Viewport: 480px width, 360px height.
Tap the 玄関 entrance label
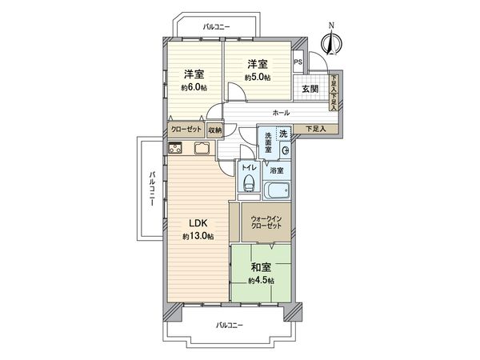310,89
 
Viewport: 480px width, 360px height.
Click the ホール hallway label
281,114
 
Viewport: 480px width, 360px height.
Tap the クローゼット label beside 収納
186,130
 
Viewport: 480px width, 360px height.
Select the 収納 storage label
214,130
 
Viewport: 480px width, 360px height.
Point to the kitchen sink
200,148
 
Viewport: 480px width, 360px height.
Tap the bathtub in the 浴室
278,191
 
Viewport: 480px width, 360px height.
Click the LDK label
197,223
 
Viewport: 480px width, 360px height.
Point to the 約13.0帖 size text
197,237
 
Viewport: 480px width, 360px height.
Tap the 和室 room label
261,268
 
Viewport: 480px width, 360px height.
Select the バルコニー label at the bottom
230,325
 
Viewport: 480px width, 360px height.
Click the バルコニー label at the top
216,27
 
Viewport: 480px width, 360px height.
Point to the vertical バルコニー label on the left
151,190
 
